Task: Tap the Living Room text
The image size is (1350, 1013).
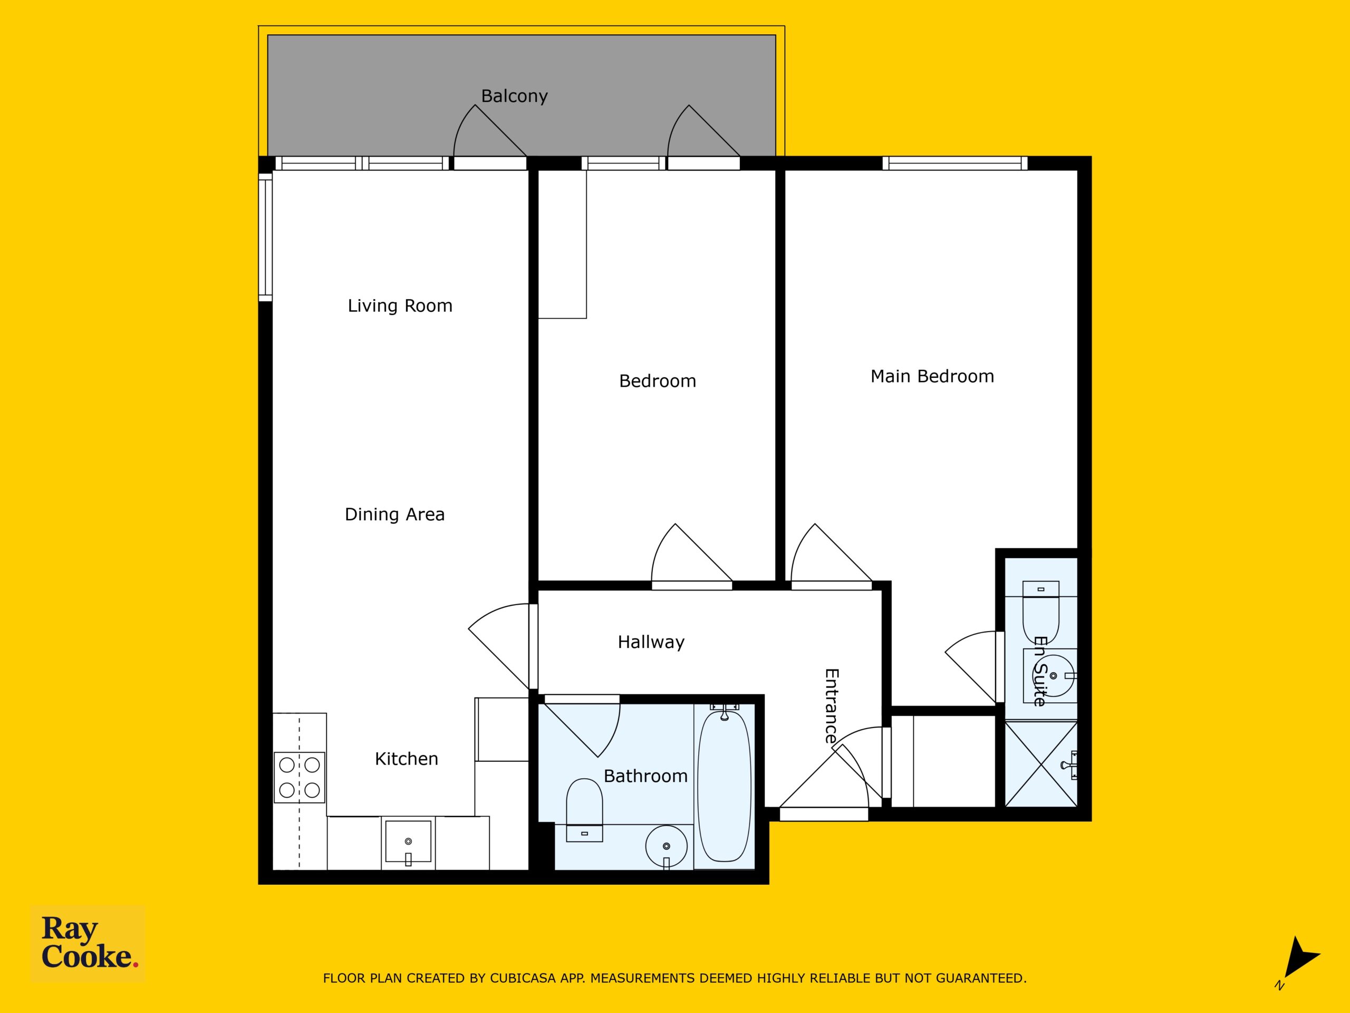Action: (x=400, y=306)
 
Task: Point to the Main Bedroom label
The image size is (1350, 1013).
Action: (x=932, y=376)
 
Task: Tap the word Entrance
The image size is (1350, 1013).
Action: (x=831, y=706)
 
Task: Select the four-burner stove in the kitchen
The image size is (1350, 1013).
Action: (x=300, y=777)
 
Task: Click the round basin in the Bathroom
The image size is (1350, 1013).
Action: (x=667, y=846)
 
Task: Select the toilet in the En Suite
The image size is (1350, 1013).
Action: (x=1041, y=611)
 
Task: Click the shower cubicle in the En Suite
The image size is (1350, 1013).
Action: (x=1041, y=764)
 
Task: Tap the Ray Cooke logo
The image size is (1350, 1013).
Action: (x=89, y=943)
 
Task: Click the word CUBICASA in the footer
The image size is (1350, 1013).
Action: (x=523, y=978)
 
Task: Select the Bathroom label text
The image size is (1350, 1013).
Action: (x=645, y=776)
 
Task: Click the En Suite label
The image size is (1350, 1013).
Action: (x=1040, y=672)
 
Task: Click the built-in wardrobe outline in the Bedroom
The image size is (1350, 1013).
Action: (x=562, y=244)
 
